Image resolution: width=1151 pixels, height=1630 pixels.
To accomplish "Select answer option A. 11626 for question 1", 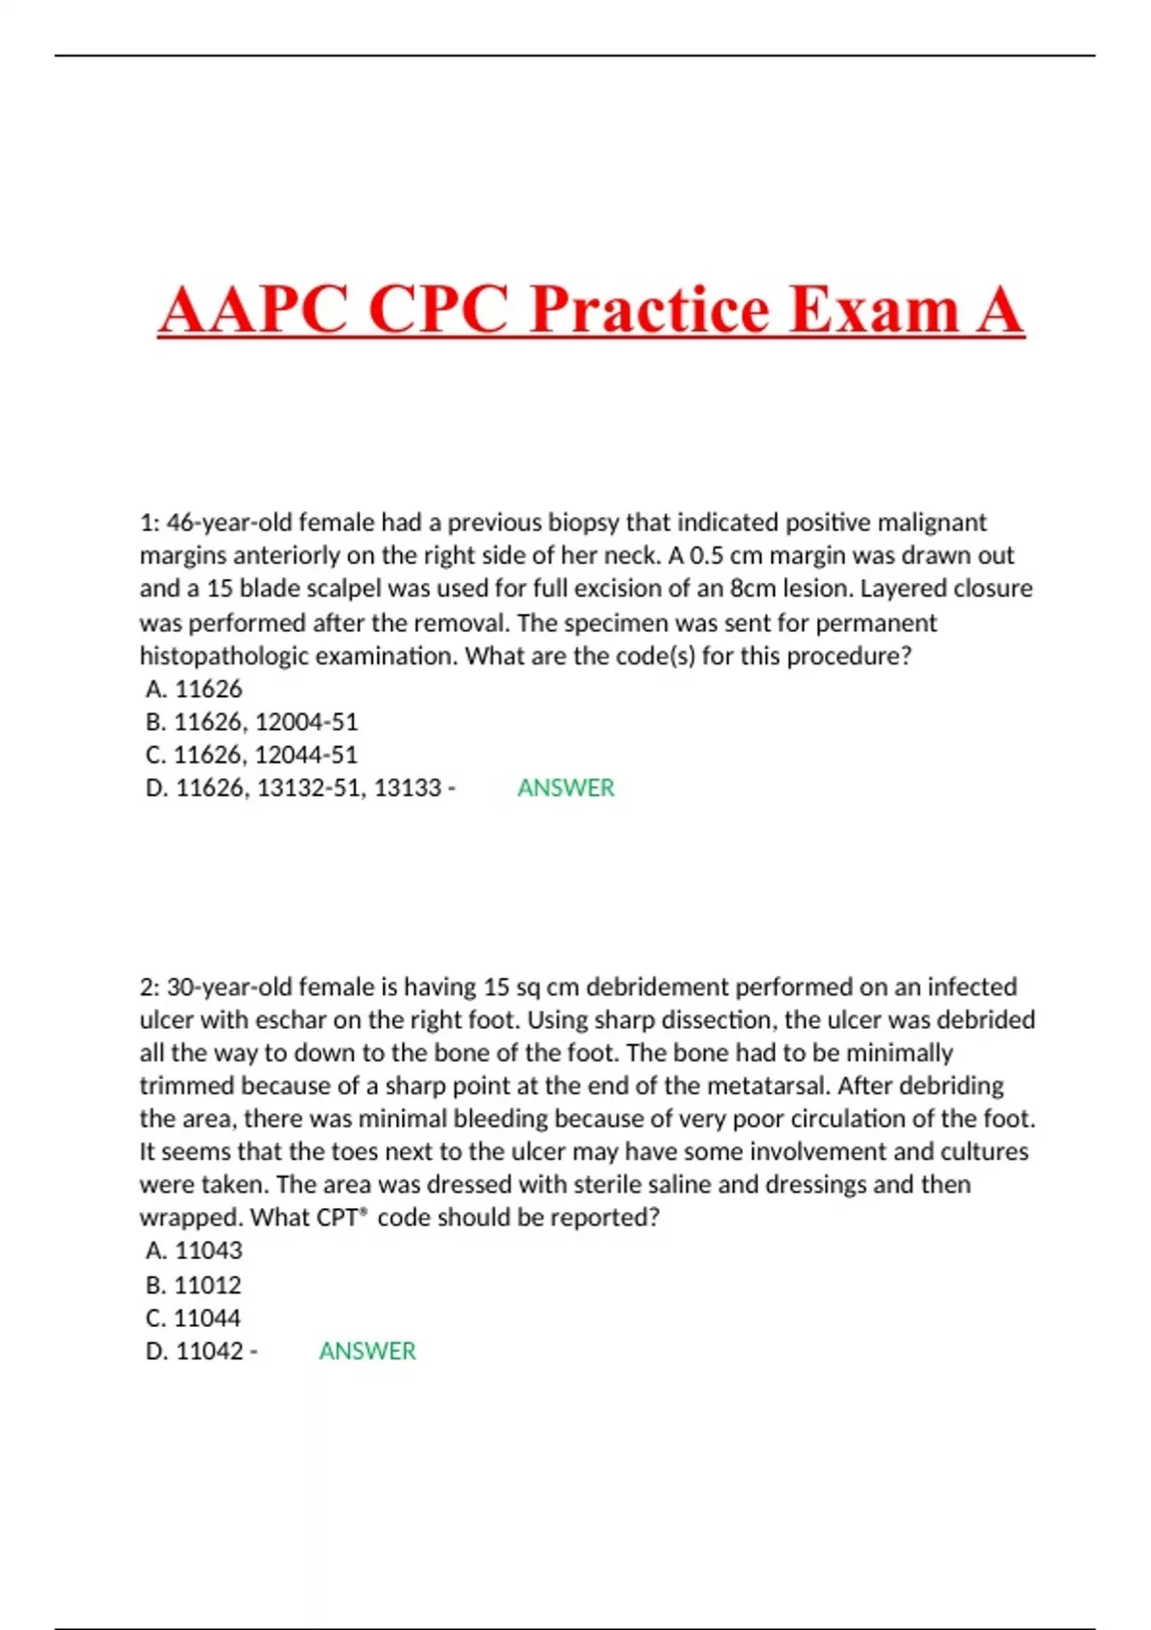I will pyautogui.click(x=194, y=688).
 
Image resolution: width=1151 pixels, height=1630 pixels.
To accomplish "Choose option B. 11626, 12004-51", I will pyautogui.click(x=251, y=721).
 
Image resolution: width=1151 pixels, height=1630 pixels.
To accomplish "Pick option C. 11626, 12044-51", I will pyautogui.click(x=251, y=755).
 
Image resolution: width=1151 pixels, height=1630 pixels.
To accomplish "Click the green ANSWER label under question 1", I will pyautogui.click(x=566, y=787).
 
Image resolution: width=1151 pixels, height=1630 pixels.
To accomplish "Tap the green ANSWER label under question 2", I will pyautogui.click(x=367, y=1350).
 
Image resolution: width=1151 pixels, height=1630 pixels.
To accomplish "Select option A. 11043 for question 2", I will pyautogui.click(x=194, y=1250).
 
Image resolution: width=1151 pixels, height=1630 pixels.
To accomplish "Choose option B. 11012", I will pyautogui.click(x=193, y=1284).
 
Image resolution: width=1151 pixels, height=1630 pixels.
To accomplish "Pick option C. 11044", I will pyautogui.click(x=193, y=1317).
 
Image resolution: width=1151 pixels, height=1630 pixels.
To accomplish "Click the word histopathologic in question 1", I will pyautogui.click(x=223, y=656).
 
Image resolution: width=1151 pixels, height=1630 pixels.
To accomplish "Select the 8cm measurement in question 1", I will pyautogui.click(x=752, y=588).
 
